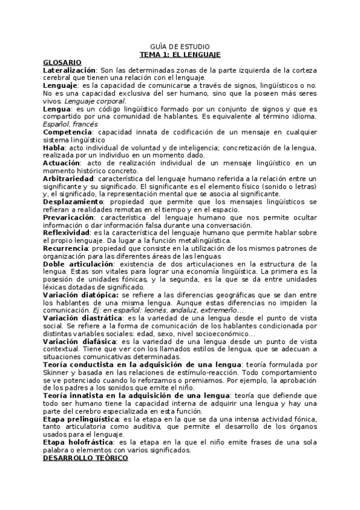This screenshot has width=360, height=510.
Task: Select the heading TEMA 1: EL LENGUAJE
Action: point(180,54)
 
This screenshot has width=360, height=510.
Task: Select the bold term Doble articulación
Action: point(78,263)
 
